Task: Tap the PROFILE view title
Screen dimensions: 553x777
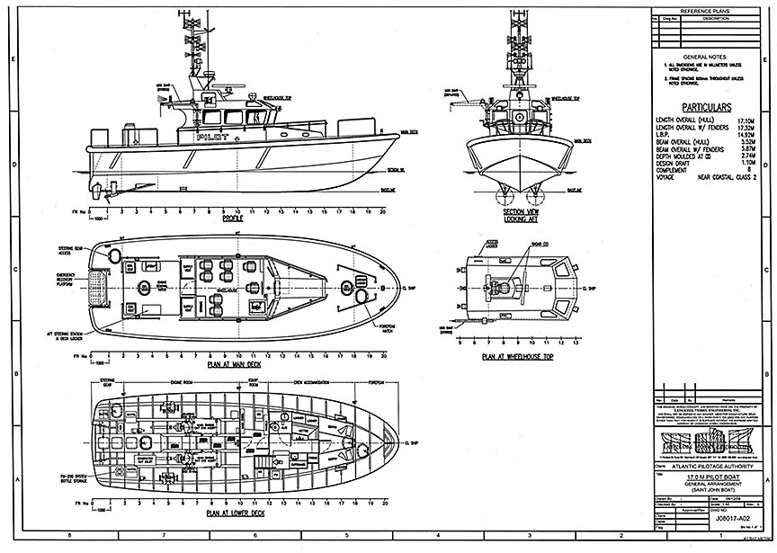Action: click(x=232, y=219)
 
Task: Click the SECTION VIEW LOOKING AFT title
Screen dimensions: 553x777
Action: click(x=511, y=216)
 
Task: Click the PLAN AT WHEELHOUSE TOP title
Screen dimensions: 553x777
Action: click(x=513, y=356)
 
